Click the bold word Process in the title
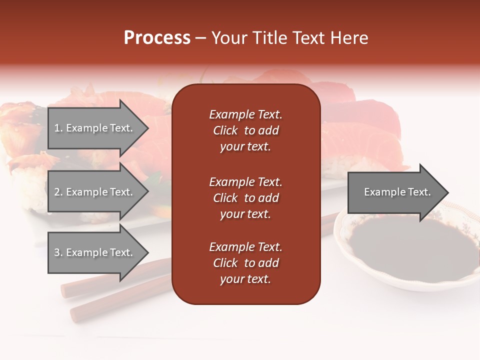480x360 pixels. [x=157, y=37]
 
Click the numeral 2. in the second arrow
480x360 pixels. [x=58, y=192]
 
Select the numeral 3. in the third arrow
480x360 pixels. [x=58, y=252]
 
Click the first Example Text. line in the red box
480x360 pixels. [x=245, y=114]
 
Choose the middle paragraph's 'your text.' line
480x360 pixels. [x=245, y=214]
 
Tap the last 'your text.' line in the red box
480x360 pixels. [x=245, y=279]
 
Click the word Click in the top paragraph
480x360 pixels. [x=225, y=130]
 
